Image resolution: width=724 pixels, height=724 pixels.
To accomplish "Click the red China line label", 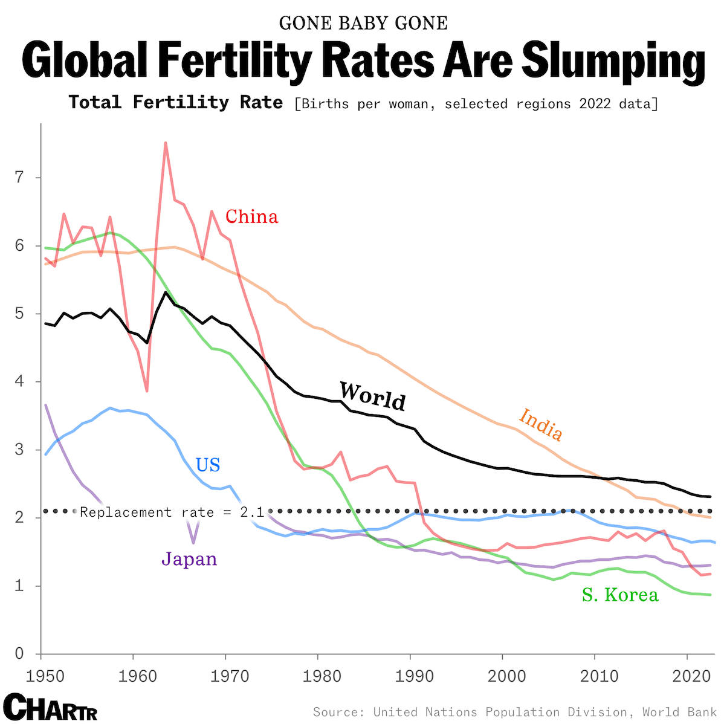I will [x=251, y=216].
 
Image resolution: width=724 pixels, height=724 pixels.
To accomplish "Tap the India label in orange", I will [x=541, y=424].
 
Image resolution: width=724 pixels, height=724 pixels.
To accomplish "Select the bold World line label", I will [x=372, y=396].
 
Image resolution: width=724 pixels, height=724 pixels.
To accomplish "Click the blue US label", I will [x=208, y=465].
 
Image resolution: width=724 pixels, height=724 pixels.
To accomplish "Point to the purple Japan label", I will [x=189, y=558].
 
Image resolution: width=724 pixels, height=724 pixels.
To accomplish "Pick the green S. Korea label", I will [x=620, y=595].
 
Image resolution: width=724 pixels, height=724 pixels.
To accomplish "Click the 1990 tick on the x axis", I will [x=410, y=675].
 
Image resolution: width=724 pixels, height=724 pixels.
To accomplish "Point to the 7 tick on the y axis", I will [x=19, y=178].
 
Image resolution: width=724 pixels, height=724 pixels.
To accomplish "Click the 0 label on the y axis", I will [x=19, y=654].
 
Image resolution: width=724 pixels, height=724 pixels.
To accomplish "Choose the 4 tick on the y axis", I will [x=19, y=382].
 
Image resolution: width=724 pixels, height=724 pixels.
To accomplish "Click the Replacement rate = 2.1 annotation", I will [x=172, y=512].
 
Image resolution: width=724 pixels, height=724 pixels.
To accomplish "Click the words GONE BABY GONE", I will [x=363, y=23].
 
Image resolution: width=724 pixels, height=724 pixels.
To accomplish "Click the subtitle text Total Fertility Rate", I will [x=176, y=102].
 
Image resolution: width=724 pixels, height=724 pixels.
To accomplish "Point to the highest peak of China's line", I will [x=166, y=143].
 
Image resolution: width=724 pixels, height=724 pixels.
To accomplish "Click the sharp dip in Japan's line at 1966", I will [x=193, y=542].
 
